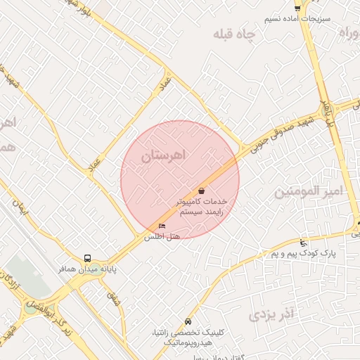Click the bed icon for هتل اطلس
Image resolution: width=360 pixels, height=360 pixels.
[162, 226]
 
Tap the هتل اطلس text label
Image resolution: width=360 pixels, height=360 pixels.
[162, 237]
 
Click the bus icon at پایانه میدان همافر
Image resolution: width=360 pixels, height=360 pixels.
[88, 257]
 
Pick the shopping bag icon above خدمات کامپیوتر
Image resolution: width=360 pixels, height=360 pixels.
[202, 190]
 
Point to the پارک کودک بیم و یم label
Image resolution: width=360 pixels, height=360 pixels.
[303, 252]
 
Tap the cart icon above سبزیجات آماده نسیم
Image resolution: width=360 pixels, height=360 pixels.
[298, 8]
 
